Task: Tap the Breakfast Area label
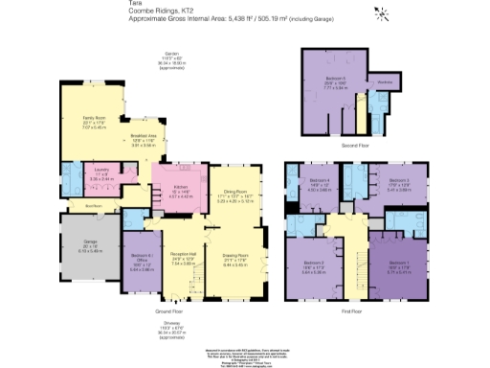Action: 143,137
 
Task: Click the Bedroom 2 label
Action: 315,264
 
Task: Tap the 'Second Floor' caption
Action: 355,146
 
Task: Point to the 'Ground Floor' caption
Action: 170,312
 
